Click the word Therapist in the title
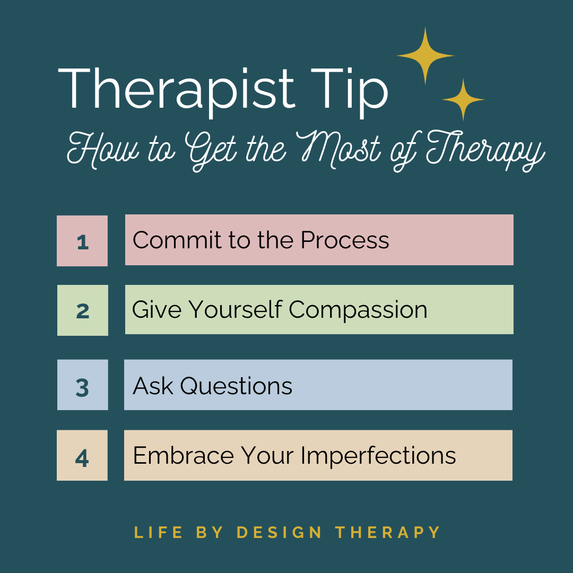point(175,88)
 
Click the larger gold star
point(425,55)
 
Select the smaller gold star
point(463,99)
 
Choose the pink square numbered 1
point(82,241)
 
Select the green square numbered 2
point(82,310)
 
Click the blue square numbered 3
point(82,385)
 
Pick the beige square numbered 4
point(82,456)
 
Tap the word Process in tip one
point(345,240)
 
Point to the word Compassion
point(358,310)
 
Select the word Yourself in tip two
point(236,310)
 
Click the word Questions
point(236,386)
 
